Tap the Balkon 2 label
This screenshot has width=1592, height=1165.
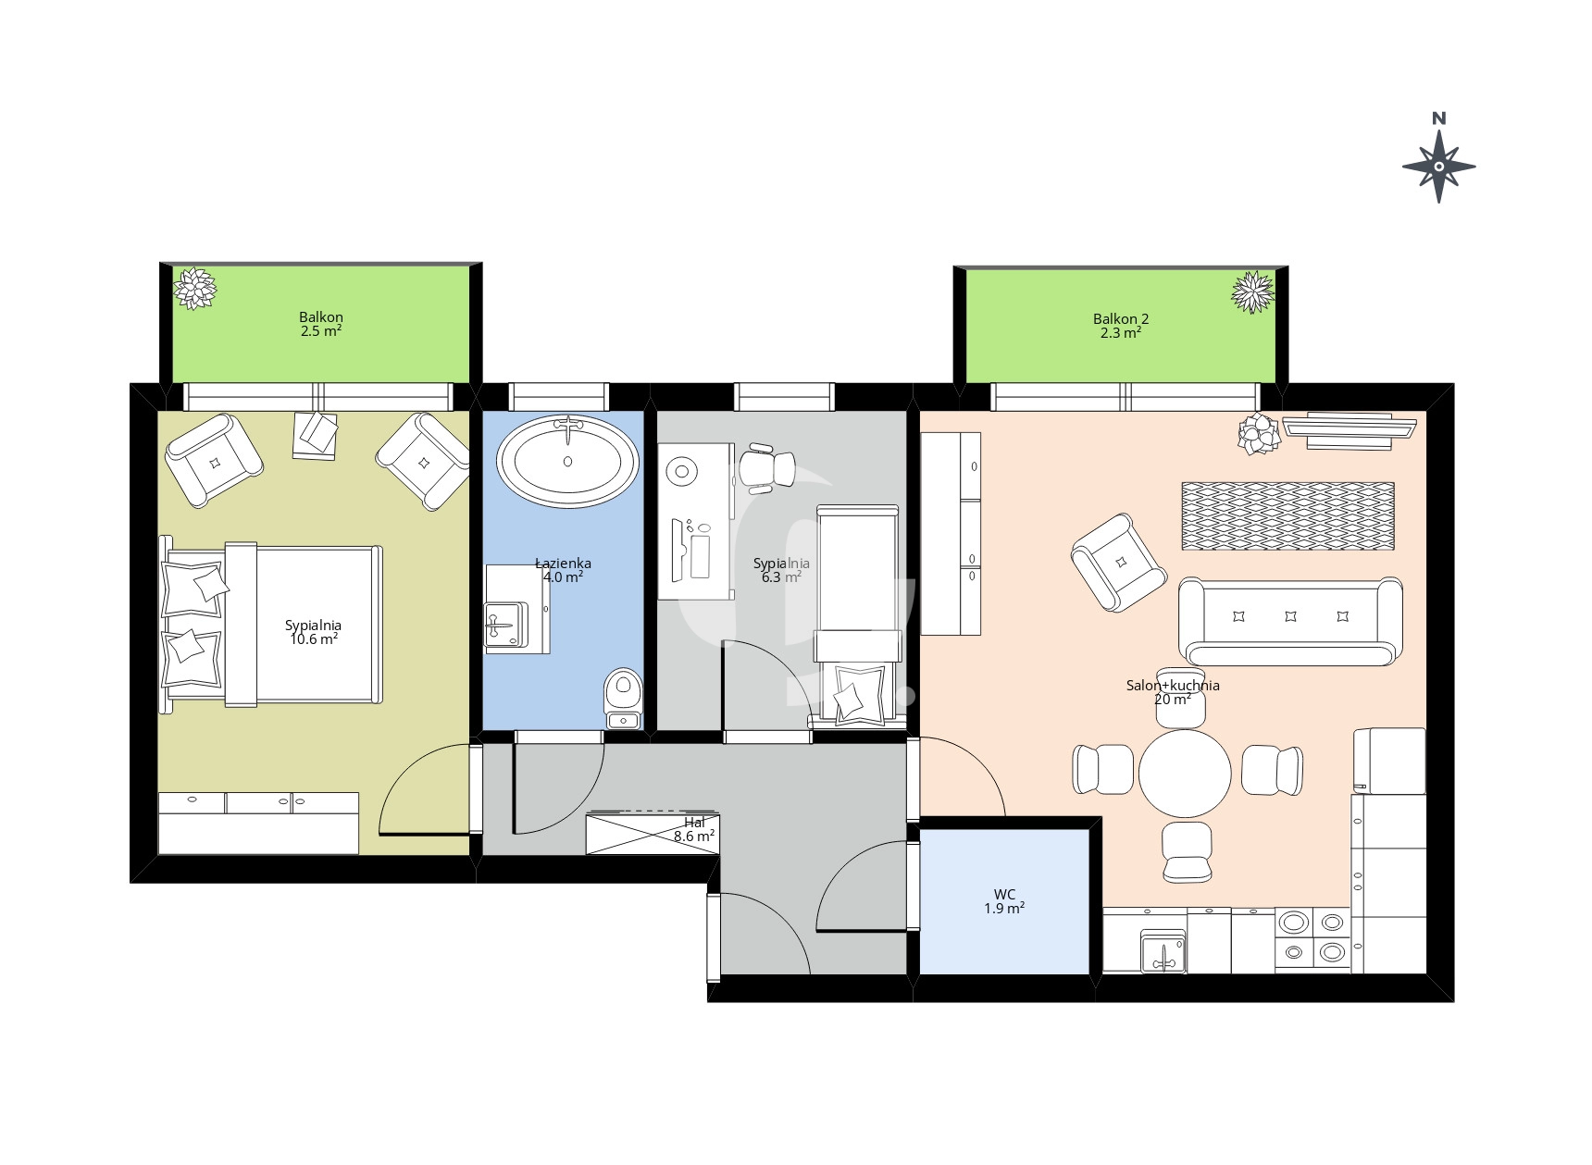tap(1121, 319)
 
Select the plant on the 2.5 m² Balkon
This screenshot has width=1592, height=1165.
tap(195, 288)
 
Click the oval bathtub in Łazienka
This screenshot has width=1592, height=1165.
tap(567, 461)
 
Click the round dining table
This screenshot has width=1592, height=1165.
tap(1185, 774)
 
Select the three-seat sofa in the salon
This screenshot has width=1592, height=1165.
tap(1290, 621)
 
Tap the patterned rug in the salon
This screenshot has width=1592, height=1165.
tap(1287, 515)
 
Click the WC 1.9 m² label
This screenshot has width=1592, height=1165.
tap(1004, 901)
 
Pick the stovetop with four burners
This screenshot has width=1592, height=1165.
tap(1313, 937)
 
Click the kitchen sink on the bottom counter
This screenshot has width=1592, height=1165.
tap(1163, 952)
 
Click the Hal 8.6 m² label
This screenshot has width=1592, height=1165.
tap(694, 829)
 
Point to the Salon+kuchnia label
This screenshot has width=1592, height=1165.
tap(1173, 686)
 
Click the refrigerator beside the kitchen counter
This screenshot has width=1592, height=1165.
tap(1389, 761)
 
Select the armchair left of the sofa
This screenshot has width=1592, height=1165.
tap(1118, 563)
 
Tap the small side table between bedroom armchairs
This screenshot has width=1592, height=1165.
tap(315, 435)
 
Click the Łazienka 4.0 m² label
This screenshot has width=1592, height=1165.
tap(563, 570)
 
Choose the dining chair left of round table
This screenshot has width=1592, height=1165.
tap(1103, 770)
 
